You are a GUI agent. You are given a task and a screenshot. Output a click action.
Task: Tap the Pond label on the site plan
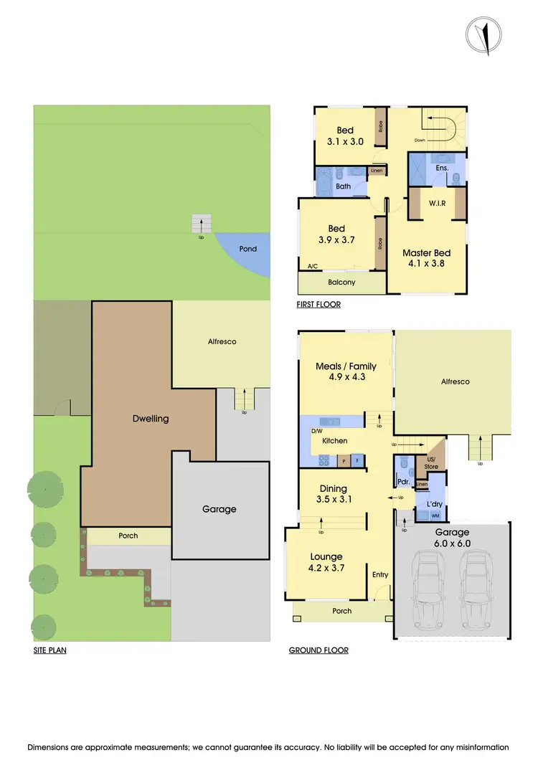click(248, 249)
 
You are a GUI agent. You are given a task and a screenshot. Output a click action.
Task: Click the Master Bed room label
click(426, 253)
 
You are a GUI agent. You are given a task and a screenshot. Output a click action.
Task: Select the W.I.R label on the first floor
click(438, 203)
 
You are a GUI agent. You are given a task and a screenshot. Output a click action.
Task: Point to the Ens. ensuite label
click(442, 168)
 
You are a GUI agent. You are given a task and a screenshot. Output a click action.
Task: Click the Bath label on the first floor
click(344, 186)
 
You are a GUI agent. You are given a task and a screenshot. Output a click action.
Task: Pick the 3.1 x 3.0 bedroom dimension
click(345, 142)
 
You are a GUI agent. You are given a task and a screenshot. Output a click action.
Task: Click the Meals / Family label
click(346, 366)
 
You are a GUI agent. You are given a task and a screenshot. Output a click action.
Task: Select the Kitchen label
click(334, 440)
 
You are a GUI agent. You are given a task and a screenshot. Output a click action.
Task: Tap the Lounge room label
click(326, 556)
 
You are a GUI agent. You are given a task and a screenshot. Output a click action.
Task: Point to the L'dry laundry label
click(435, 504)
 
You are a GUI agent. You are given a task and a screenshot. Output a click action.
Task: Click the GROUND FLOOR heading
click(318, 651)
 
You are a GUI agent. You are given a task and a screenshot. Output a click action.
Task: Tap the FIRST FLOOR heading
click(318, 305)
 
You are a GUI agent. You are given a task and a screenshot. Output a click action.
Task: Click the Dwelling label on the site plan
click(151, 418)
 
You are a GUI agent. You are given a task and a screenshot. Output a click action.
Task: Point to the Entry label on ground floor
click(379, 574)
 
